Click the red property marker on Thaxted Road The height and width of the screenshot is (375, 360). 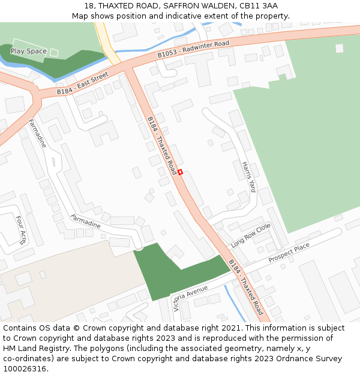(x=179, y=172)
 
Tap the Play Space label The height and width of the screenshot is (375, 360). (x=29, y=52)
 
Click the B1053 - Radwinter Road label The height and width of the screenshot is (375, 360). (x=193, y=49)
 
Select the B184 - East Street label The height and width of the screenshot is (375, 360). (x=82, y=83)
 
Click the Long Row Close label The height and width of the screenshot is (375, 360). (x=251, y=236)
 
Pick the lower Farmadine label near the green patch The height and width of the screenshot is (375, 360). (x=85, y=221)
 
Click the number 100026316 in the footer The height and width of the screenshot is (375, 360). (x=23, y=369)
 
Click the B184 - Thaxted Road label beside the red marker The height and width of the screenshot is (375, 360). (x=162, y=142)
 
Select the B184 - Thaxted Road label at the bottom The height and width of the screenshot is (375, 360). (x=245, y=287)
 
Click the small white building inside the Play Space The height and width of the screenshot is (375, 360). (x=54, y=52)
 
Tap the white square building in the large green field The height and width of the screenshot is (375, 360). (x=340, y=48)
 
